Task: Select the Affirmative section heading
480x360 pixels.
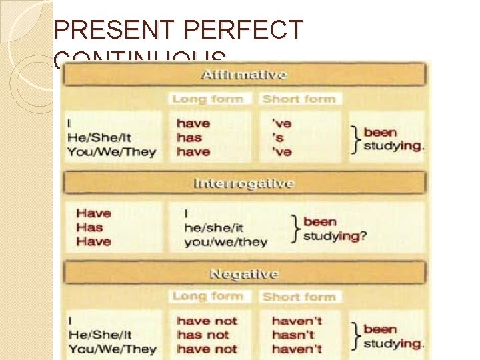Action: pyautogui.click(x=243, y=74)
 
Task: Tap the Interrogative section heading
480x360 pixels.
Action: pyautogui.click(x=243, y=183)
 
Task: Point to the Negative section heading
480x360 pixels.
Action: pyautogui.click(x=244, y=273)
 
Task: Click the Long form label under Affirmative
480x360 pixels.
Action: pyautogui.click(x=207, y=99)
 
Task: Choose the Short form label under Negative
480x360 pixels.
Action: pyautogui.click(x=298, y=296)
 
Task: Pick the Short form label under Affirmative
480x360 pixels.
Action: pyautogui.click(x=298, y=99)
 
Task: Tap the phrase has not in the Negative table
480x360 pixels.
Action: pyautogui.click(x=203, y=335)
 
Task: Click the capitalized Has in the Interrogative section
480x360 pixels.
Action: pyautogui.click(x=89, y=227)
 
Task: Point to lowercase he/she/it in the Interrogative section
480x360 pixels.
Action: pyautogui.click(x=213, y=228)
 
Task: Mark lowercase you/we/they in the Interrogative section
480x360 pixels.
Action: pyautogui.click(x=225, y=242)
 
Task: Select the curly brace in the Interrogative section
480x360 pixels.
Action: pyautogui.click(x=296, y=229)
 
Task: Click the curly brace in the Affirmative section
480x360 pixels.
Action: pyautogui.click(x=356, y=139)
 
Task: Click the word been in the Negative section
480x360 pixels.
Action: pyautogui.click(x=380, y=329)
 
